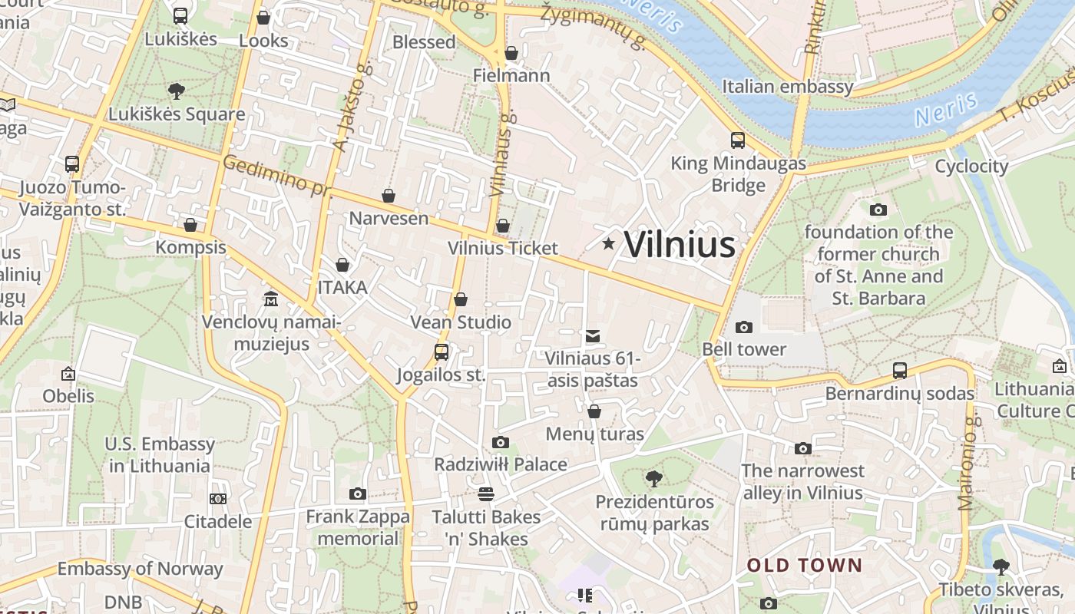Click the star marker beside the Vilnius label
(609, 244)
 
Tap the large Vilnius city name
(680, 245)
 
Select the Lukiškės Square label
(177, 114)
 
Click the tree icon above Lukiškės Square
(177, 91)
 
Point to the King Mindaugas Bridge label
(739, 174)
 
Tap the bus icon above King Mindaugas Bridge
(738, 140)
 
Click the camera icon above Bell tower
(744, 328)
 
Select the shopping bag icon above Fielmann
(511, 53)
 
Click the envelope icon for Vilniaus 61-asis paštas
(593, 335)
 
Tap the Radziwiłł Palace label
(501, 464)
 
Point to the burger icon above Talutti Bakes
(485, 494)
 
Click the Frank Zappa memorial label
(358, 527)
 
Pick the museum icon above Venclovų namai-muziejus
(271, 298)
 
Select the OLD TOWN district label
(805, 566)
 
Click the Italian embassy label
(787, 86)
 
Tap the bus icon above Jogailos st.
(442, 352)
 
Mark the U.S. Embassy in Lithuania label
(160, 454)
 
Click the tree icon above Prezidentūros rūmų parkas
(654, 480)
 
